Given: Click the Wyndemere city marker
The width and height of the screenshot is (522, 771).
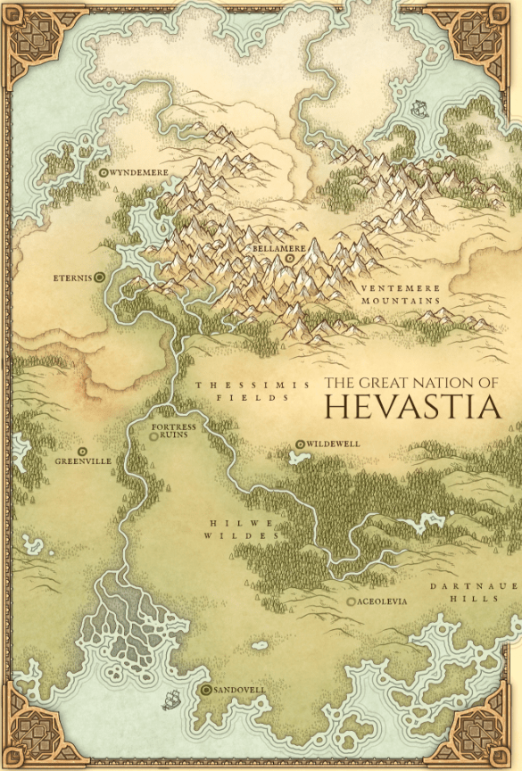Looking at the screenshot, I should (x=104, y=171).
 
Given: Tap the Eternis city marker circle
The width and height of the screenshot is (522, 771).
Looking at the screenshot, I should (x=99, y=278).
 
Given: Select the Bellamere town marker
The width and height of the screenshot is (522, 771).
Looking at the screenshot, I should (x=290, y=259).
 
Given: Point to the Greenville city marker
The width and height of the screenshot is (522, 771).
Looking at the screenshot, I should (x=82, y=451).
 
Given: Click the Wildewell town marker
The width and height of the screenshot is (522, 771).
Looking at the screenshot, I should (x=301, y=444).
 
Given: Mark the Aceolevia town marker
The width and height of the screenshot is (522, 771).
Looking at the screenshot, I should (x=351, y=601).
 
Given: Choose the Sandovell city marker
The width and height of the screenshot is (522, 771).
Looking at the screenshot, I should (x=206, y=691).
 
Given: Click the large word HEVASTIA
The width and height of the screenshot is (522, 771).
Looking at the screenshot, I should (x=410, y=407).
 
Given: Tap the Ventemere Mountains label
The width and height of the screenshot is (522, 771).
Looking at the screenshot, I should (x=401, y=295).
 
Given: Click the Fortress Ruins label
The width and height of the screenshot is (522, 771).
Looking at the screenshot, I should (x=172, y=433).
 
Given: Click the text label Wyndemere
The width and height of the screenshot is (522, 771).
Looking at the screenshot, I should (x=138, y=171).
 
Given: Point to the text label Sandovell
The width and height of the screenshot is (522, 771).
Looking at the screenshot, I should (x=240, y=691).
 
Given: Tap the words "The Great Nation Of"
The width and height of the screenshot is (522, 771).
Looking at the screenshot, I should (x=410, y=382).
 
